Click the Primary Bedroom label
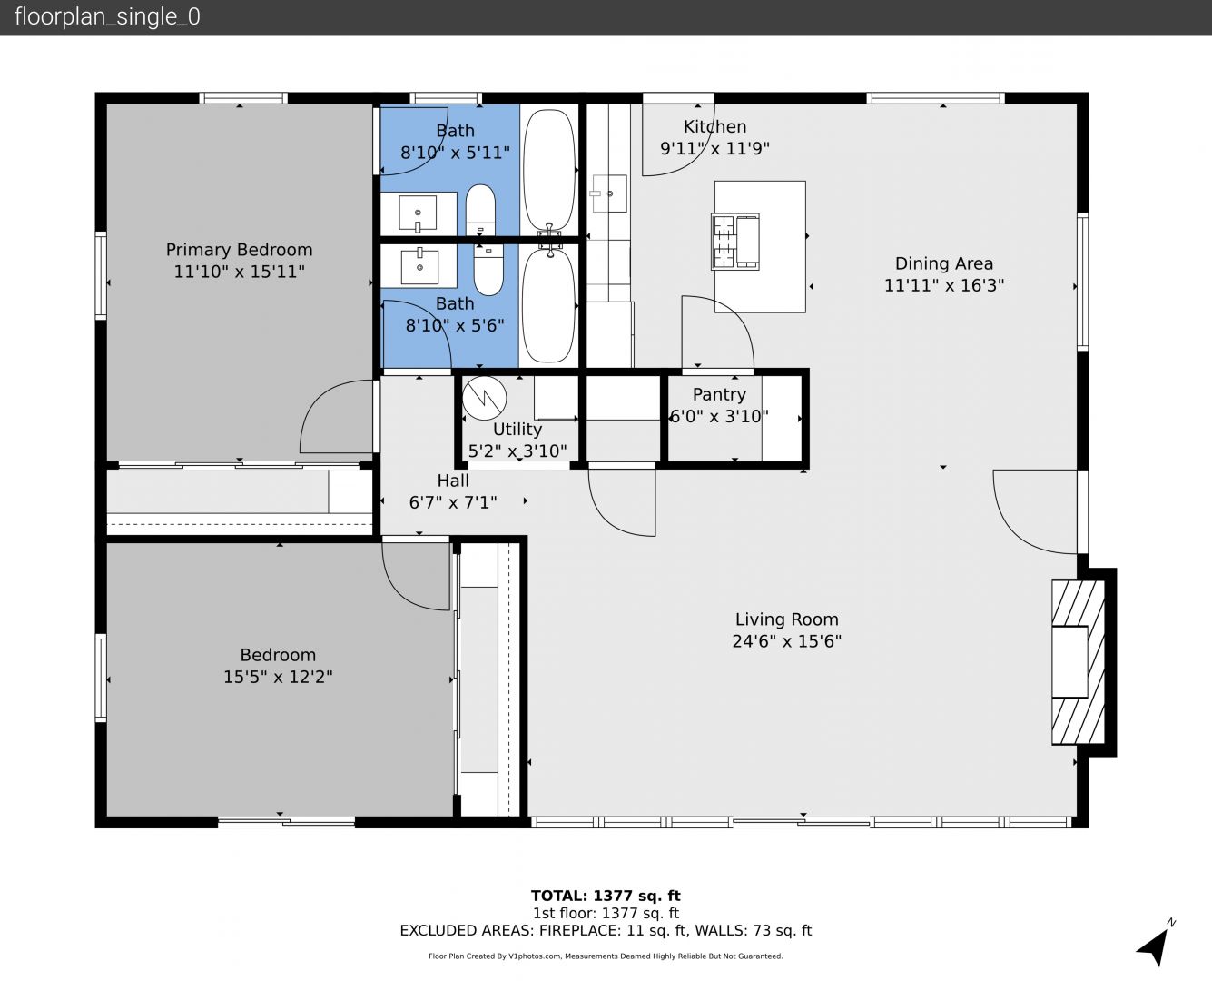tap(239, 250)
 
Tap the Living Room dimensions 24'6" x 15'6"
tap(786, 641)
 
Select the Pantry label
tap(719, 394)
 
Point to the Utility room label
tap(517, 430)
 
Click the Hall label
tap(453, 481)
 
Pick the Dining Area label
tap(944, 263)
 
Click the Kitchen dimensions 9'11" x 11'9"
tap(714, 149)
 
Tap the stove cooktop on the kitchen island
tap(734, 242)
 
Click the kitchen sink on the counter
tap(609, 193)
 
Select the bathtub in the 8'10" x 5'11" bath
tap(549, 169)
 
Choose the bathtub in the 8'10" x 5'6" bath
tap(549, 305)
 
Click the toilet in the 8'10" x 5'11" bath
tap(480, 210)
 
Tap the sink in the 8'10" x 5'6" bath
tap(419, 266)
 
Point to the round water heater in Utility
tap(484, 398)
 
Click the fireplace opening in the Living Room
tap(1069, 662)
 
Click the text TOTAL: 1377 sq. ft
tap(606, 897)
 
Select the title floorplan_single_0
tap(107, 17)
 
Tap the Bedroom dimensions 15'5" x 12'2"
tap(278, 677)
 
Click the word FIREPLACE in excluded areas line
tap(580, 931)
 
